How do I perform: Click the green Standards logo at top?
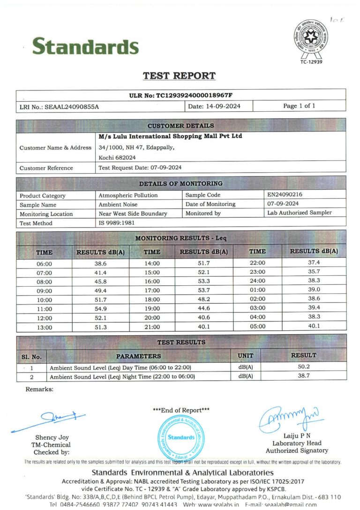85,46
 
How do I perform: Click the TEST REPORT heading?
179,76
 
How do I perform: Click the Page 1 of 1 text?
299,106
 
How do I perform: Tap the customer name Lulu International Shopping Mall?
171,137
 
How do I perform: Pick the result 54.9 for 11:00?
101,309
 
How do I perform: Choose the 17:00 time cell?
152,290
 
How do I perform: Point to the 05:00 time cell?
257,327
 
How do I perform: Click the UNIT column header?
245,356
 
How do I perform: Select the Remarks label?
39,389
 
